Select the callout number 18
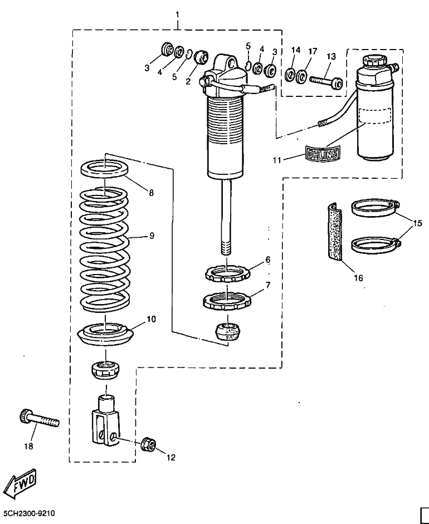click(29, 446)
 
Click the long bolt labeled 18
click(38, 418)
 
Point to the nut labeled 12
click(148, 443)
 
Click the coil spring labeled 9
click(104, 249)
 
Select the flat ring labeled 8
click(105, 168)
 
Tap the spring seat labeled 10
click(105, 333)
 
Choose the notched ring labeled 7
click(227, 300)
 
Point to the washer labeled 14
click(290, 75)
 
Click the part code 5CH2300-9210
click(29, 513)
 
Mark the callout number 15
click(418, 223)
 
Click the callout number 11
click(277, 160)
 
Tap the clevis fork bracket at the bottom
click(106, 420)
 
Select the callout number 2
click(188, 81)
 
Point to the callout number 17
click(313, 51)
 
